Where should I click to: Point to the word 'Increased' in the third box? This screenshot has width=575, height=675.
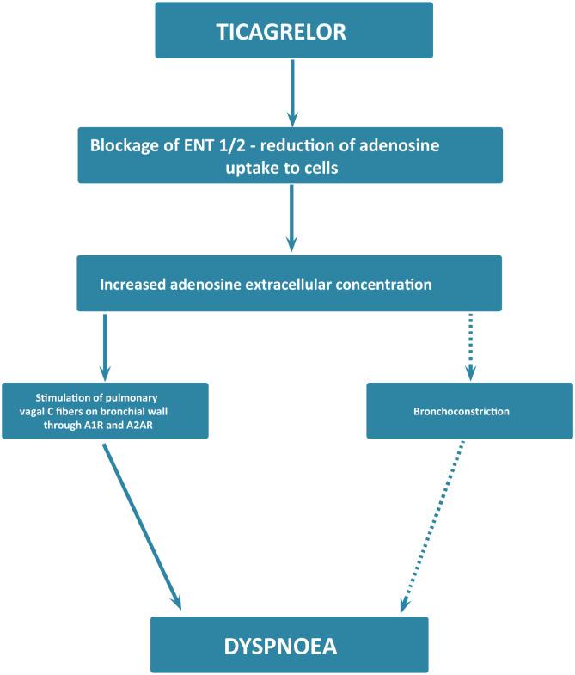(x=133, y=284)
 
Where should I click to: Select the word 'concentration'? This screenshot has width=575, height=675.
(x=381, y=284)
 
